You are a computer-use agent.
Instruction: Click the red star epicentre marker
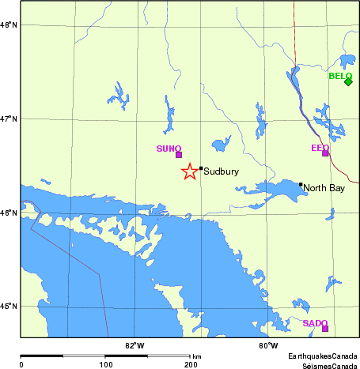click(x=189, y=171)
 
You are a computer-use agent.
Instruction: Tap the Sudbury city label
click(x=222, y=171)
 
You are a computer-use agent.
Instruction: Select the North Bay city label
click(x=324, y=188)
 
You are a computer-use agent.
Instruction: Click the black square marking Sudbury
click(x=201, y=168)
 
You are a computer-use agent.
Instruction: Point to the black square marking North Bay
click(x=301, y=185)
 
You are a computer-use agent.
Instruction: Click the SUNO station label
click(x=169, y=148)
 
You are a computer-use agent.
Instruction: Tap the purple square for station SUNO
click(x=179, y=154)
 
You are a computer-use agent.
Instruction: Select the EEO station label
click(x=320, y=147)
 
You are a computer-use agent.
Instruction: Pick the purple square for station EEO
click(x=325, y=152)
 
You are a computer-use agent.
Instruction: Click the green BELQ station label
click(x=340, y=76)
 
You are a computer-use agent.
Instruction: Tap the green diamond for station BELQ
click(x=348, y=81)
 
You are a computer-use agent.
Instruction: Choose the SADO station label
click(x=315, y=323)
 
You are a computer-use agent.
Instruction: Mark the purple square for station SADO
click(x=325, y=328)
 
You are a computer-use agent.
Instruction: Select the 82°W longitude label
click(x=135, y=345)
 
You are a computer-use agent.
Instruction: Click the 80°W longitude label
click(x=268, y=345)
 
